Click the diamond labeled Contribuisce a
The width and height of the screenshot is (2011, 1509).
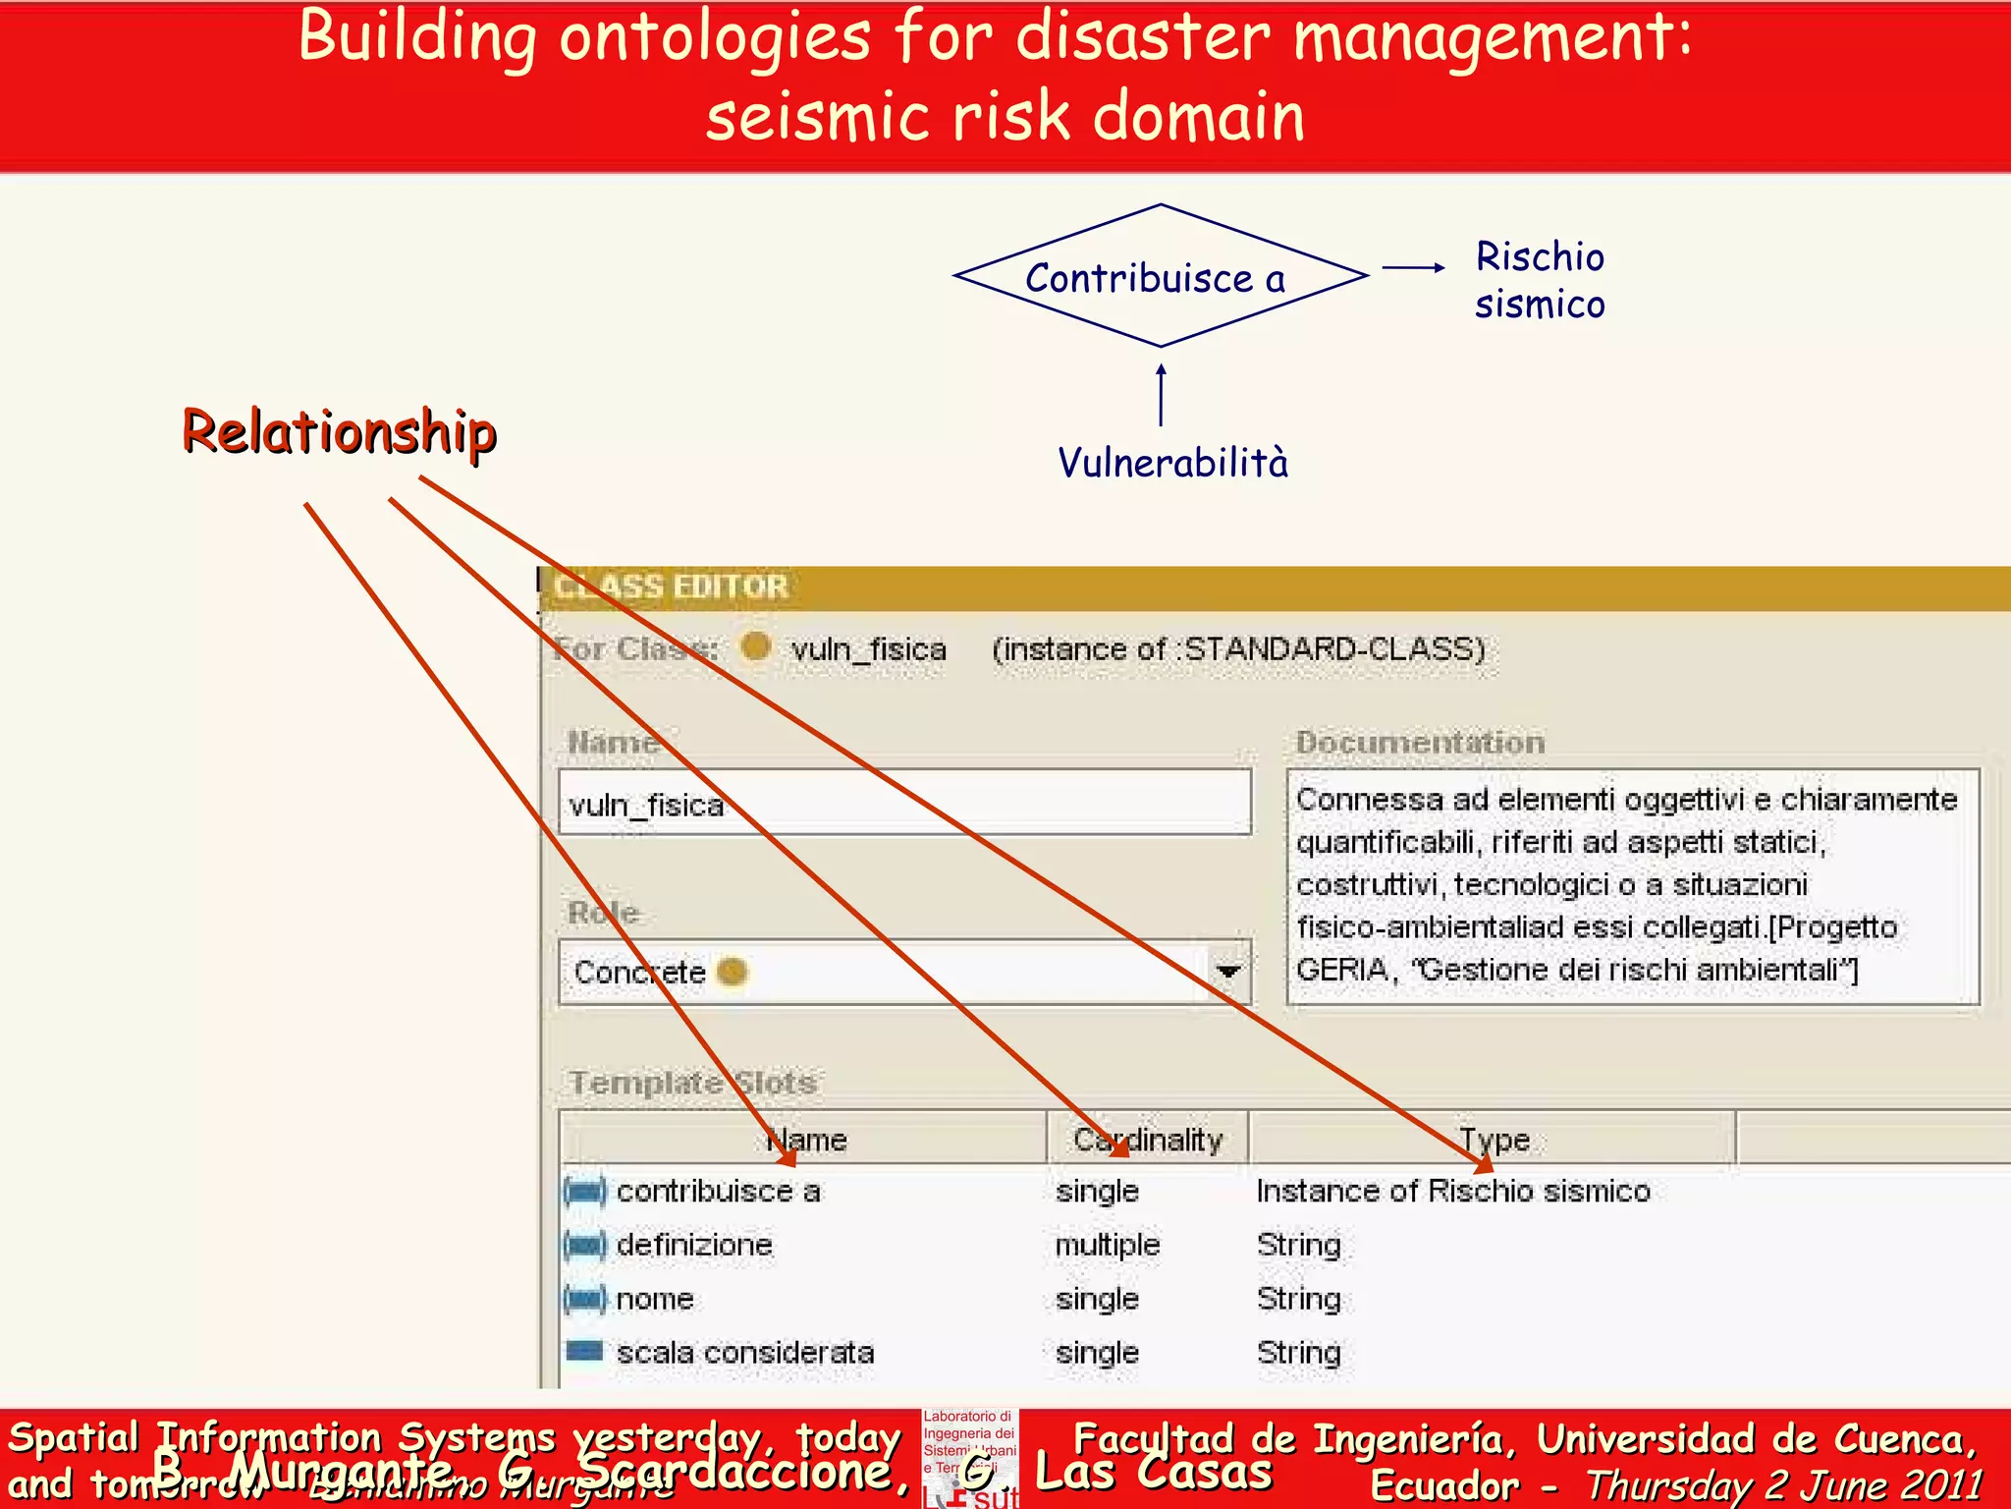click(1160, 277)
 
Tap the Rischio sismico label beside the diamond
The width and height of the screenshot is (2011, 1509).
click(1540, 281)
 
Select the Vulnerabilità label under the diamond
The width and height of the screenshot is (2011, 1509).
click(1172, 463)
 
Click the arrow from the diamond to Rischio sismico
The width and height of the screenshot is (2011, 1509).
click(1413, 267)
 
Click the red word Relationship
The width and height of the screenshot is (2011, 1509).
click(340, 432)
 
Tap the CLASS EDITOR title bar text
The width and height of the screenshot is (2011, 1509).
click(672, 587)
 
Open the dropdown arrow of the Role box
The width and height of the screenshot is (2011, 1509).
click(1227, 972)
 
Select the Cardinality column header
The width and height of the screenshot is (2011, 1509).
click(1147, 1140)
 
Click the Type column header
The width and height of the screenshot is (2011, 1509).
click(1493, 1140)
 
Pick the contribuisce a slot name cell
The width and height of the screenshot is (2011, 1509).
click(718, 1192)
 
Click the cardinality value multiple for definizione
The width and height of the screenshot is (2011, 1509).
click(1107, 1246)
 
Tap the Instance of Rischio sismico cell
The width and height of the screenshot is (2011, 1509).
click(1452, 1192)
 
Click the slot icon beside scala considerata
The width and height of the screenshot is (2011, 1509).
click(585, 1352)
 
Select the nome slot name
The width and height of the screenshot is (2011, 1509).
click(655, 1300)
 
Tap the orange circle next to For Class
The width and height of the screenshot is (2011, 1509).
click(755, 647)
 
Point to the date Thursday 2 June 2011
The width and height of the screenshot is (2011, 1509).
click(1783, 1485)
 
